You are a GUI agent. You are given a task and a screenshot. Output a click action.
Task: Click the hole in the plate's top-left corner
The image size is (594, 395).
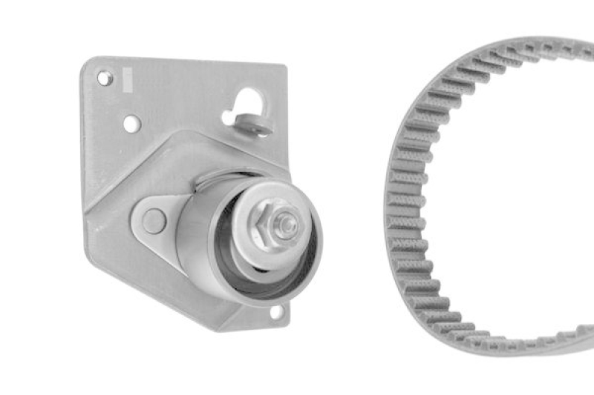[x=104, y=77]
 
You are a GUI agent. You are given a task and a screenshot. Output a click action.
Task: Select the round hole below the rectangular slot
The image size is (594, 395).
[x=131, y=124]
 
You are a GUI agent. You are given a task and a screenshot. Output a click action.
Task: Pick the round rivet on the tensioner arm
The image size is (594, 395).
[x=154, y=220]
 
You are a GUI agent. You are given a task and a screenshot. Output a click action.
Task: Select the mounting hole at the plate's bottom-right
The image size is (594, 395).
[x=276, y=312]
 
